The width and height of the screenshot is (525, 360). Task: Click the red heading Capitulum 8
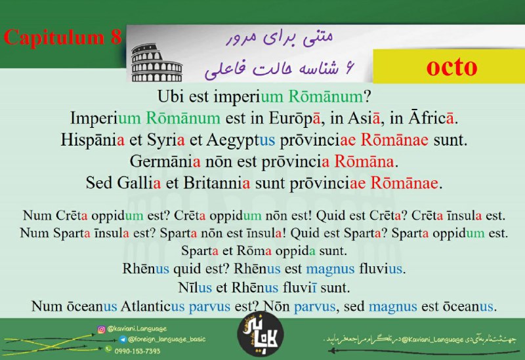click(62, 37)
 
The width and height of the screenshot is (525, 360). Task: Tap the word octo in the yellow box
click(451, 67)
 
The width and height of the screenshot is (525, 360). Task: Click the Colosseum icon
click(157, 63)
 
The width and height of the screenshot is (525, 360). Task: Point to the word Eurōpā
click(295, 118)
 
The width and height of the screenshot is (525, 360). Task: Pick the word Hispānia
click(93, 140)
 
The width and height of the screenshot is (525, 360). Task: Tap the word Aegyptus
click(240, 140)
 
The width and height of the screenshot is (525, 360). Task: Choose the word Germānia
click(165, 161)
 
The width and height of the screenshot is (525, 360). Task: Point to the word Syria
click(166, 140)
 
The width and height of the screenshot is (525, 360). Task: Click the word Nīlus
click(195, 287)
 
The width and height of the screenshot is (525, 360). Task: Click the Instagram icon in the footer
click(101, 330)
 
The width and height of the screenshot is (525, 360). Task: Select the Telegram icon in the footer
click(123, 340)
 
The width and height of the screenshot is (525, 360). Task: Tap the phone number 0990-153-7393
click(137, 351)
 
